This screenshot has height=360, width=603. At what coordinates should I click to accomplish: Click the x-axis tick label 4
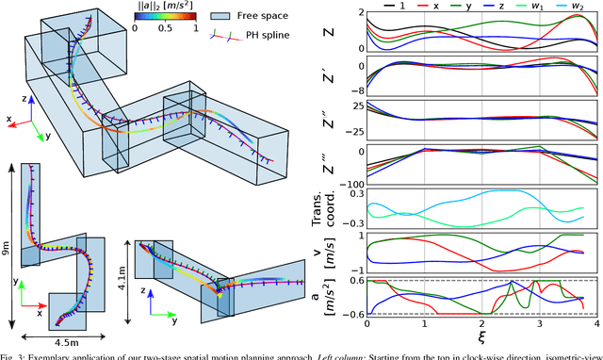597,321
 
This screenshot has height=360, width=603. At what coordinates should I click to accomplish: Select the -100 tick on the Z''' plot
352,183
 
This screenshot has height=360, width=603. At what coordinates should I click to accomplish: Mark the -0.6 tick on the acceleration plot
351,313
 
